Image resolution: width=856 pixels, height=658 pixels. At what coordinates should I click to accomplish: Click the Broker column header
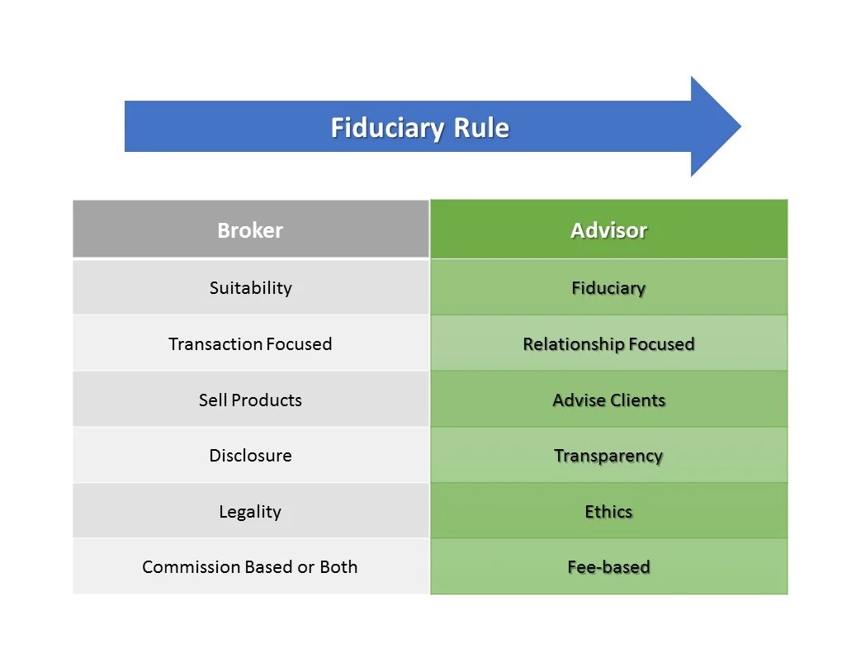tap(250, 230)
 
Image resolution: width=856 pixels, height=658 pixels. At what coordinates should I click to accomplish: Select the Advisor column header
tap(608, 230)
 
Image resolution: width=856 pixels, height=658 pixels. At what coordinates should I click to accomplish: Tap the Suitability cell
tap(250, 288)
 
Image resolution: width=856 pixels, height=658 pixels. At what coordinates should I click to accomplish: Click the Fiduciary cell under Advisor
tap(608, 288)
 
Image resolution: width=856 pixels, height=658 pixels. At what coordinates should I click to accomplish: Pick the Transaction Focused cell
tap(250, 343)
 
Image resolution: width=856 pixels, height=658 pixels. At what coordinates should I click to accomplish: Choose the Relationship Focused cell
tap(608, 343)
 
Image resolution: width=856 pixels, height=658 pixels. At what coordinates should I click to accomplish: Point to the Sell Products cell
tap(250, 400)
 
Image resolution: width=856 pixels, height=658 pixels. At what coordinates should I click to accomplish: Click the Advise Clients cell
tap(608, 400)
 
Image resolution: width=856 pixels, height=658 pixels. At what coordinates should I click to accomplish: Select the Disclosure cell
tap(250, 456)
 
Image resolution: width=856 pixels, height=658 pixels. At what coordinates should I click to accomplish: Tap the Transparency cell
tap(608, 456)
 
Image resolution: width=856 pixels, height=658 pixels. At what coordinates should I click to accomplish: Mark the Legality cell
tap(250, 512)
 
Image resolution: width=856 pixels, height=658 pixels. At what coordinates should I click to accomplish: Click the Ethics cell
tap(608, 512)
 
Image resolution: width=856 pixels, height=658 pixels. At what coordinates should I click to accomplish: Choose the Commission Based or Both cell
tap(250, 567)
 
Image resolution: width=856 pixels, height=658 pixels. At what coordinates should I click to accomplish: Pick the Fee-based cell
tap(608, 567)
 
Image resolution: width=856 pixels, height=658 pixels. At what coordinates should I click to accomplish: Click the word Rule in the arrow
tap(481, 128)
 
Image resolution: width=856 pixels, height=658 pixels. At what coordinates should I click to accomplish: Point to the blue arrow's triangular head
tap(713, 126)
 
